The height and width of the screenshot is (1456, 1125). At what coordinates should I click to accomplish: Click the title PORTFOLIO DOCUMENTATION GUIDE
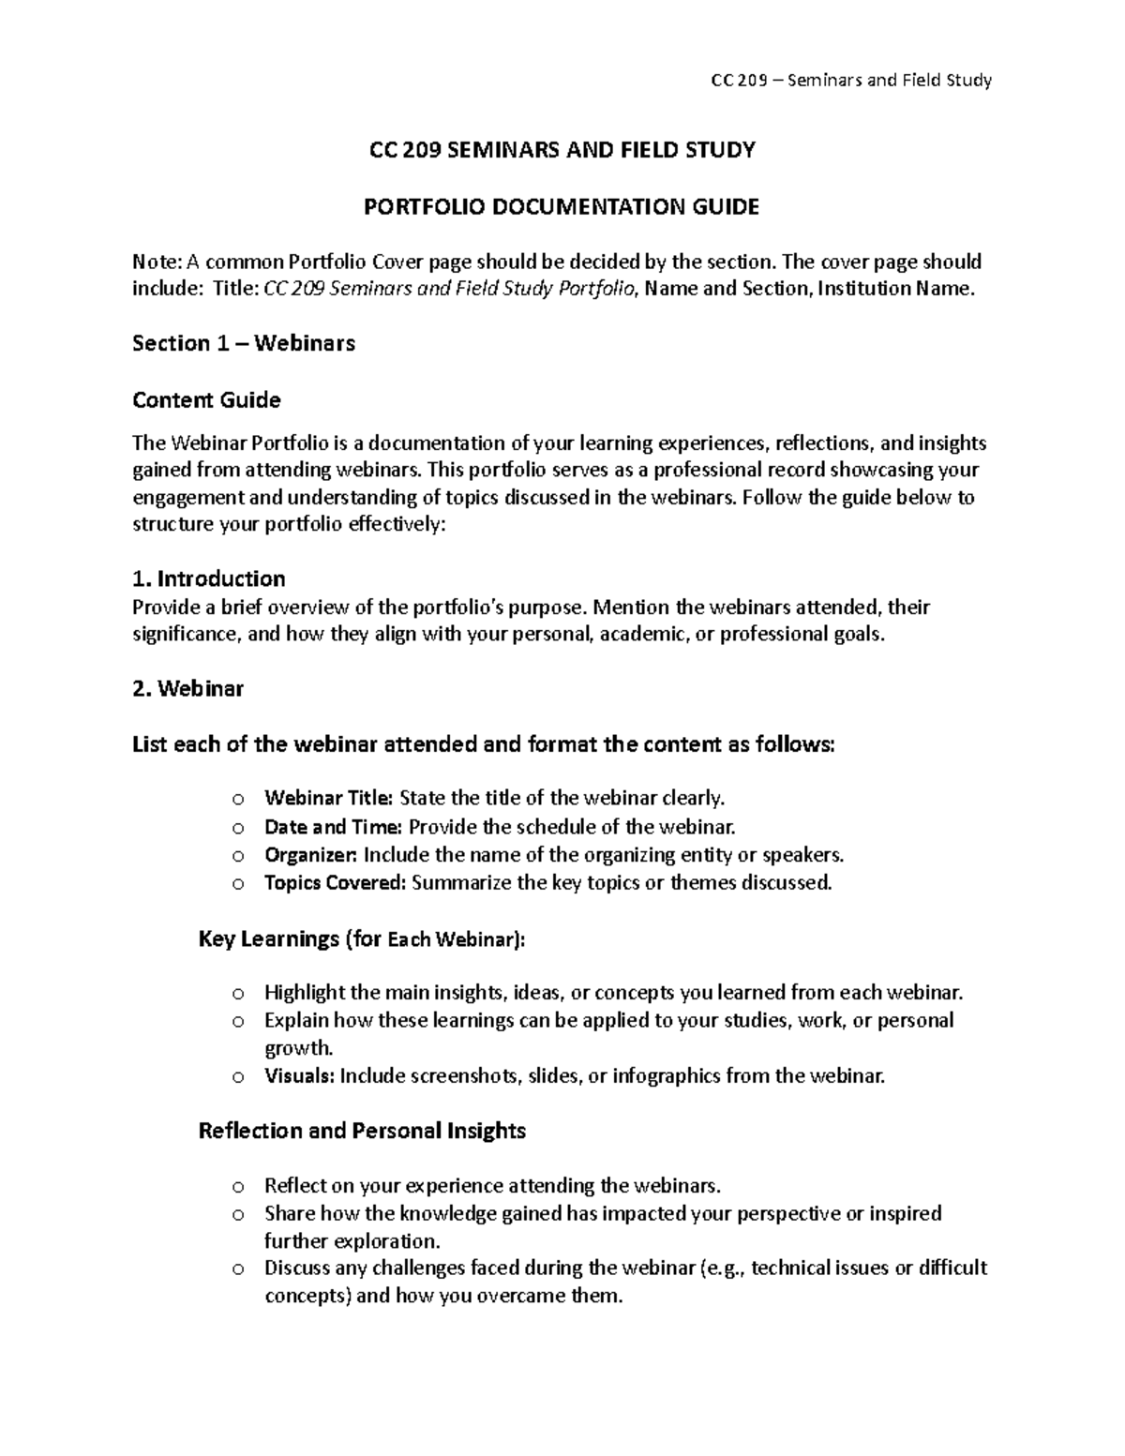pyautogui.click(x=562, y=206)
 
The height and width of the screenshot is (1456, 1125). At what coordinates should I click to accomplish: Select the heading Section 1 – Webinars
pyautogui.click(x=244, y=343)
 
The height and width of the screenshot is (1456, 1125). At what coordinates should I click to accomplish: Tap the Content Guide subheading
pyautogui.click(x=206, y=400)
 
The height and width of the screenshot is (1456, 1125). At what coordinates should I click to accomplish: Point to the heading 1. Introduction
pyautogui.click(x=209, y=578)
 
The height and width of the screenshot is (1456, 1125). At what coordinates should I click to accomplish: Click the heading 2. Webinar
pyautogui.click(x=187, y=689)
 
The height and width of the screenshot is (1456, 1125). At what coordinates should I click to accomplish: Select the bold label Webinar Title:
pyautogui.click(x=329, y=799)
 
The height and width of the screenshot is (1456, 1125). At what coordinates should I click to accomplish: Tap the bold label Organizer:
pyautogui.click(x=310, y=855)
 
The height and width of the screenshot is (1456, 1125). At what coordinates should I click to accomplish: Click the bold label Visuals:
pyautogui.click(x=299, y=1075)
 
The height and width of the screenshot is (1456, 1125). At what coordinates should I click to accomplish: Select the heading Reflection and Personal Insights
pyautogui.click(x=362, y=1131)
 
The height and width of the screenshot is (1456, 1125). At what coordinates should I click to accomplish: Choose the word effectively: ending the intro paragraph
pyautogui.click(x=397, y=525)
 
